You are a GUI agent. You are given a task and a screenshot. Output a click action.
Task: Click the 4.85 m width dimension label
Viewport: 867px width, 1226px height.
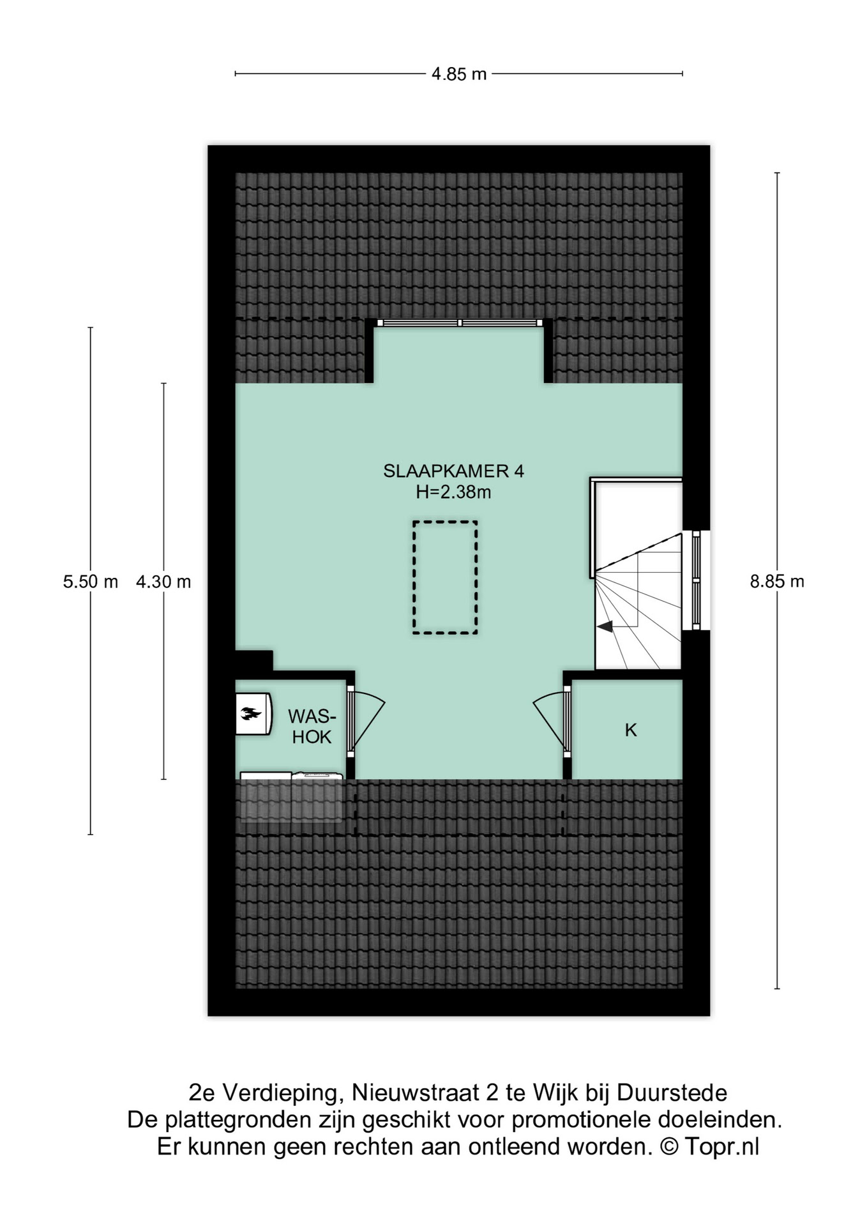pos(458,74)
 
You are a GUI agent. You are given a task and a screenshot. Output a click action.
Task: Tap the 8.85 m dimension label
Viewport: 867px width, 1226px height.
pos(777,582)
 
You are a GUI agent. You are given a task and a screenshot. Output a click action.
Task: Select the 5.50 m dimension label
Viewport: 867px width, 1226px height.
pos(91,582)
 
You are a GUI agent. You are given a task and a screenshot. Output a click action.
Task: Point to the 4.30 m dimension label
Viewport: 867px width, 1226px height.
pos(163,582)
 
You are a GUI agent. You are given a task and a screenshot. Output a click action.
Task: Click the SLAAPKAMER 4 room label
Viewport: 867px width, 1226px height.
pos(453,471)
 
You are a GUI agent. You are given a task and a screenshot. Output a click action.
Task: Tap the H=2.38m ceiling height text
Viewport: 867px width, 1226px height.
pos(453,492)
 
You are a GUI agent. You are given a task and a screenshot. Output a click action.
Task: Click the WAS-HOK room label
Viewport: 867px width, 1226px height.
pos(312,726)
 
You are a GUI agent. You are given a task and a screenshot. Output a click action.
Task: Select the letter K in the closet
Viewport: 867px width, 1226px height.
pos(631,730)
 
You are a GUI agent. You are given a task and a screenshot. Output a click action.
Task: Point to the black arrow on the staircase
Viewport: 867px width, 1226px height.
pos(605,626)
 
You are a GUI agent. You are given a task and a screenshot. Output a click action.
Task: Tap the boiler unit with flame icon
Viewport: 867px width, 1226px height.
pos(253,714)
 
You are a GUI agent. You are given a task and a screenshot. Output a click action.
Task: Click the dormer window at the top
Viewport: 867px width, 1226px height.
pos(460,322)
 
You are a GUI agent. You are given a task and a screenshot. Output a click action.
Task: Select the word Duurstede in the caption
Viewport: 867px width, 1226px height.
pos(672,1093)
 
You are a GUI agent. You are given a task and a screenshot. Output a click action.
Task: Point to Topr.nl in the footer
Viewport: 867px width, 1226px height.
pos(722,1147)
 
